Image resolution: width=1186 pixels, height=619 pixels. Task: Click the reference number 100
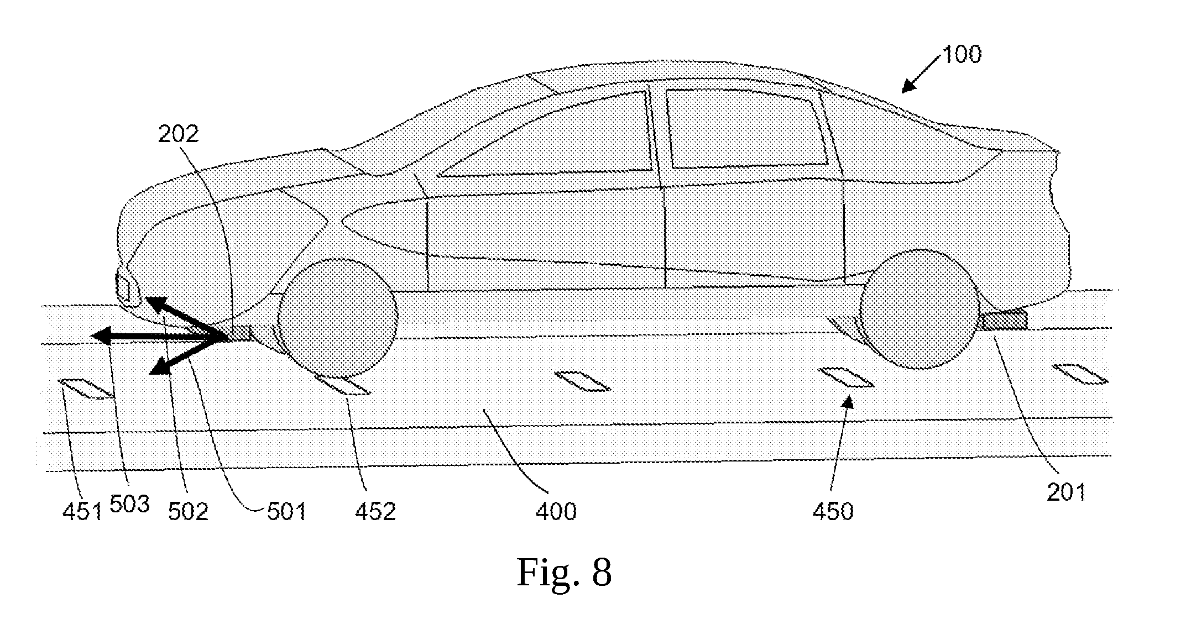pos(962,55)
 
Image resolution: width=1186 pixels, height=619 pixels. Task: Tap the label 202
pos(178,134)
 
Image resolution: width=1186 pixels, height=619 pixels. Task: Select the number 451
pos(82,512)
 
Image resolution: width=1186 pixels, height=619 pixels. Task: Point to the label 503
pos(130,503)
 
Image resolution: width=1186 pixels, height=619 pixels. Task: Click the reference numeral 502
pos(188,512)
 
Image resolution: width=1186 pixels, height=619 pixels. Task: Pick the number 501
pos(286,512)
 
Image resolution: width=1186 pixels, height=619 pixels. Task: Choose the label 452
pos(375,512)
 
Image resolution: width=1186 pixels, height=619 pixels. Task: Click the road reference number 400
pos(556,512)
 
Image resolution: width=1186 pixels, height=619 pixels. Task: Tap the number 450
pos(833,512)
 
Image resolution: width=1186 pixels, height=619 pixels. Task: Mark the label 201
pos(1067,492)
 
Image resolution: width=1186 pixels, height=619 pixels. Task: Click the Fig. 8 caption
pos(564,573)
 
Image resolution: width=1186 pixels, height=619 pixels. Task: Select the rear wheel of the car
pos(919,309)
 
